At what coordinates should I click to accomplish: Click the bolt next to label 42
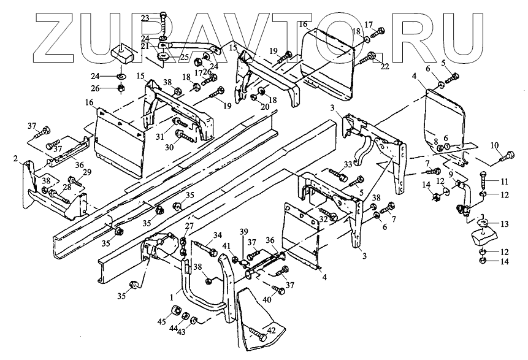(257, 335)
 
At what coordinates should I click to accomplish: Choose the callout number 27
(189, 226)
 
